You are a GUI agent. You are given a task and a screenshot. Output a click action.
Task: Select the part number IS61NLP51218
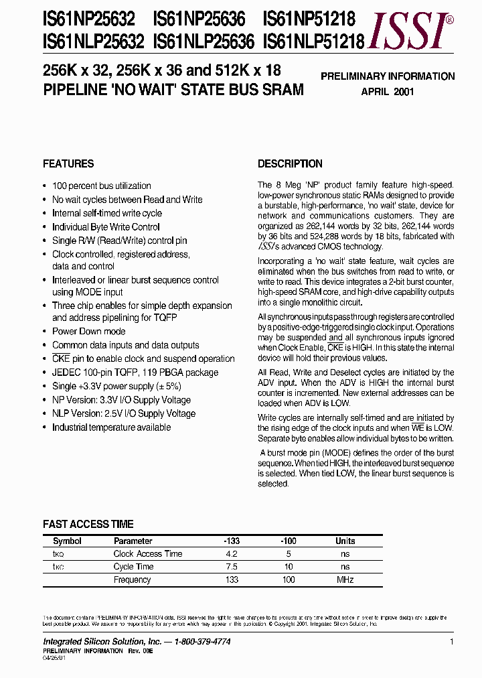pyautogui.click(x=314, y=43)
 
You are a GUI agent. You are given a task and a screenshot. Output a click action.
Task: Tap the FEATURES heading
pyautogui.click(x=68, y=163)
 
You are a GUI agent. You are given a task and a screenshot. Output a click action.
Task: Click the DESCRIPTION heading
pyautogui.click(x=290, y=163)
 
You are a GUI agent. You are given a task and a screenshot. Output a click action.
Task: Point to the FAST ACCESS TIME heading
pyautogui.click(x=88, y=524)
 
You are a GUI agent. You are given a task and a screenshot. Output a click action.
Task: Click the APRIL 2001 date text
pyautogui.click(x=388, y=91)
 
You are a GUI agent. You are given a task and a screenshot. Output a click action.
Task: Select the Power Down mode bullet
pyautogui.click(x=88, y=332)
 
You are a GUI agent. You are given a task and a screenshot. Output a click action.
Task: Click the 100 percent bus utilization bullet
pyautogui.click(x=101, y=186)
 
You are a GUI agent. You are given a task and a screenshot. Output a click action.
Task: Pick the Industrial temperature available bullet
pyautogui.click(x=111, y=427)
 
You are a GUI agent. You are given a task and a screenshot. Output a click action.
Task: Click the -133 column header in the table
pyautogui.click(x=232, y=541)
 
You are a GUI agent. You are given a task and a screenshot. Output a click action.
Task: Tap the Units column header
pyautogui.click(x=345, y=541)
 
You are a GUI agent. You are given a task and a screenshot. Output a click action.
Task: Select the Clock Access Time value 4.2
pyautogui.click(x=232, y=553)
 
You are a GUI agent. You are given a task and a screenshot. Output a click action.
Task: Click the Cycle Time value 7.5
pyautogui.click(x=232, y=567)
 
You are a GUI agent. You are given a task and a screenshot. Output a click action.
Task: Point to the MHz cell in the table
pyautogui.click(x=345, y=580)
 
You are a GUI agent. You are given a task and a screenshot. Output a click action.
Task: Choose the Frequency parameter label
pyautogui.click(x=132, y=580)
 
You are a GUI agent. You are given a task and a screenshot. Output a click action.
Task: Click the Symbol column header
pyautogui.click(x=67, y=541)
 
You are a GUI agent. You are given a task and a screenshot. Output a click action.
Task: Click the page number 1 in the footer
pyautogui.click(x=452, y=642)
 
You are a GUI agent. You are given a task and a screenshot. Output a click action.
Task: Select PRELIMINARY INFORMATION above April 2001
pyautogui.click(x=388, y=76)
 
